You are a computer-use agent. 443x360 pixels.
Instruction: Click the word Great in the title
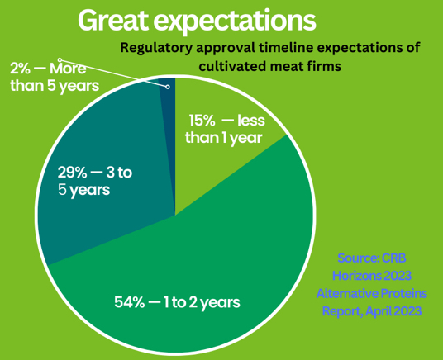[x=112, y=21]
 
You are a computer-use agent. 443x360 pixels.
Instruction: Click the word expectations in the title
[x=235, y=22]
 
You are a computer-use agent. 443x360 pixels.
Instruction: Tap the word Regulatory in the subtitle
[x=156, y=48]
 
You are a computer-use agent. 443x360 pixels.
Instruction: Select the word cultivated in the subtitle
[x=232, y=66]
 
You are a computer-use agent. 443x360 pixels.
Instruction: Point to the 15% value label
[x=202, y=121]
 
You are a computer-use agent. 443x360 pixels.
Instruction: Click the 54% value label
[x=130, y=302]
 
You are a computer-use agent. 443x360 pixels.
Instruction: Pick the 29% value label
[x=73, y=173]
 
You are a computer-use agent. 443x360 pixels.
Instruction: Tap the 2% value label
[x=20, y=69]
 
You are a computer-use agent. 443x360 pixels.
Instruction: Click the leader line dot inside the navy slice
[x=168, y=87]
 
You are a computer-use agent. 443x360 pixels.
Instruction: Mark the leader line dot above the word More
[x=60, y=59]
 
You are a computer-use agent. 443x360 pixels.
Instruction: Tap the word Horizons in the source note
[x=355, y=276]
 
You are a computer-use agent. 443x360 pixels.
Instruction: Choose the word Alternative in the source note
[x=346, y=294]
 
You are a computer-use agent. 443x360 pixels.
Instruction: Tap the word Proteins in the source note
[x=404, y=294]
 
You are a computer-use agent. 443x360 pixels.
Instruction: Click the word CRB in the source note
[x=394, y=258]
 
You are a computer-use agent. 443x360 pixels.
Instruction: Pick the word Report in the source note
[x=342, y=312]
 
